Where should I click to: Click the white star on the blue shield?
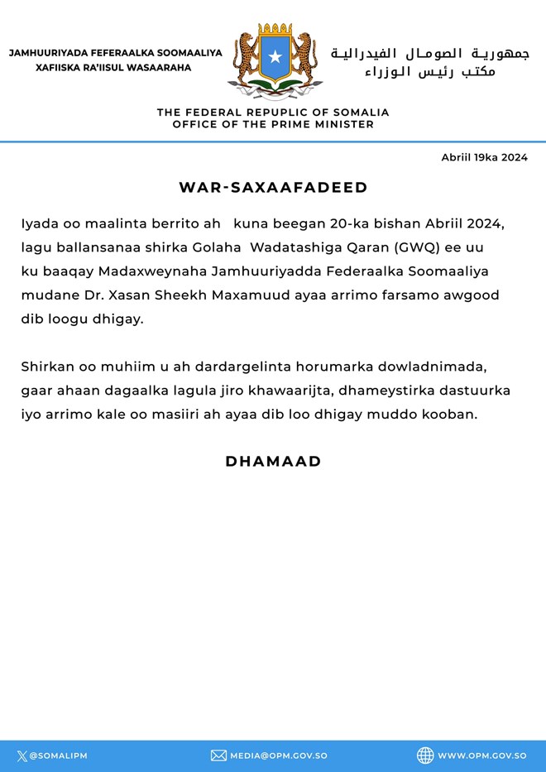[275, 56]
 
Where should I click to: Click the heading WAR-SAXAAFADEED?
[273, 188]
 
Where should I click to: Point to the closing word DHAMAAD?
[273, 462]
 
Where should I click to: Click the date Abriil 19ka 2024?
[484, 157]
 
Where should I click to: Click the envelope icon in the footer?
[218, 755]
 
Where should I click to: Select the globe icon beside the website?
[425, 755]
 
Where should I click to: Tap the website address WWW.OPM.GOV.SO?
[482, 755]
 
